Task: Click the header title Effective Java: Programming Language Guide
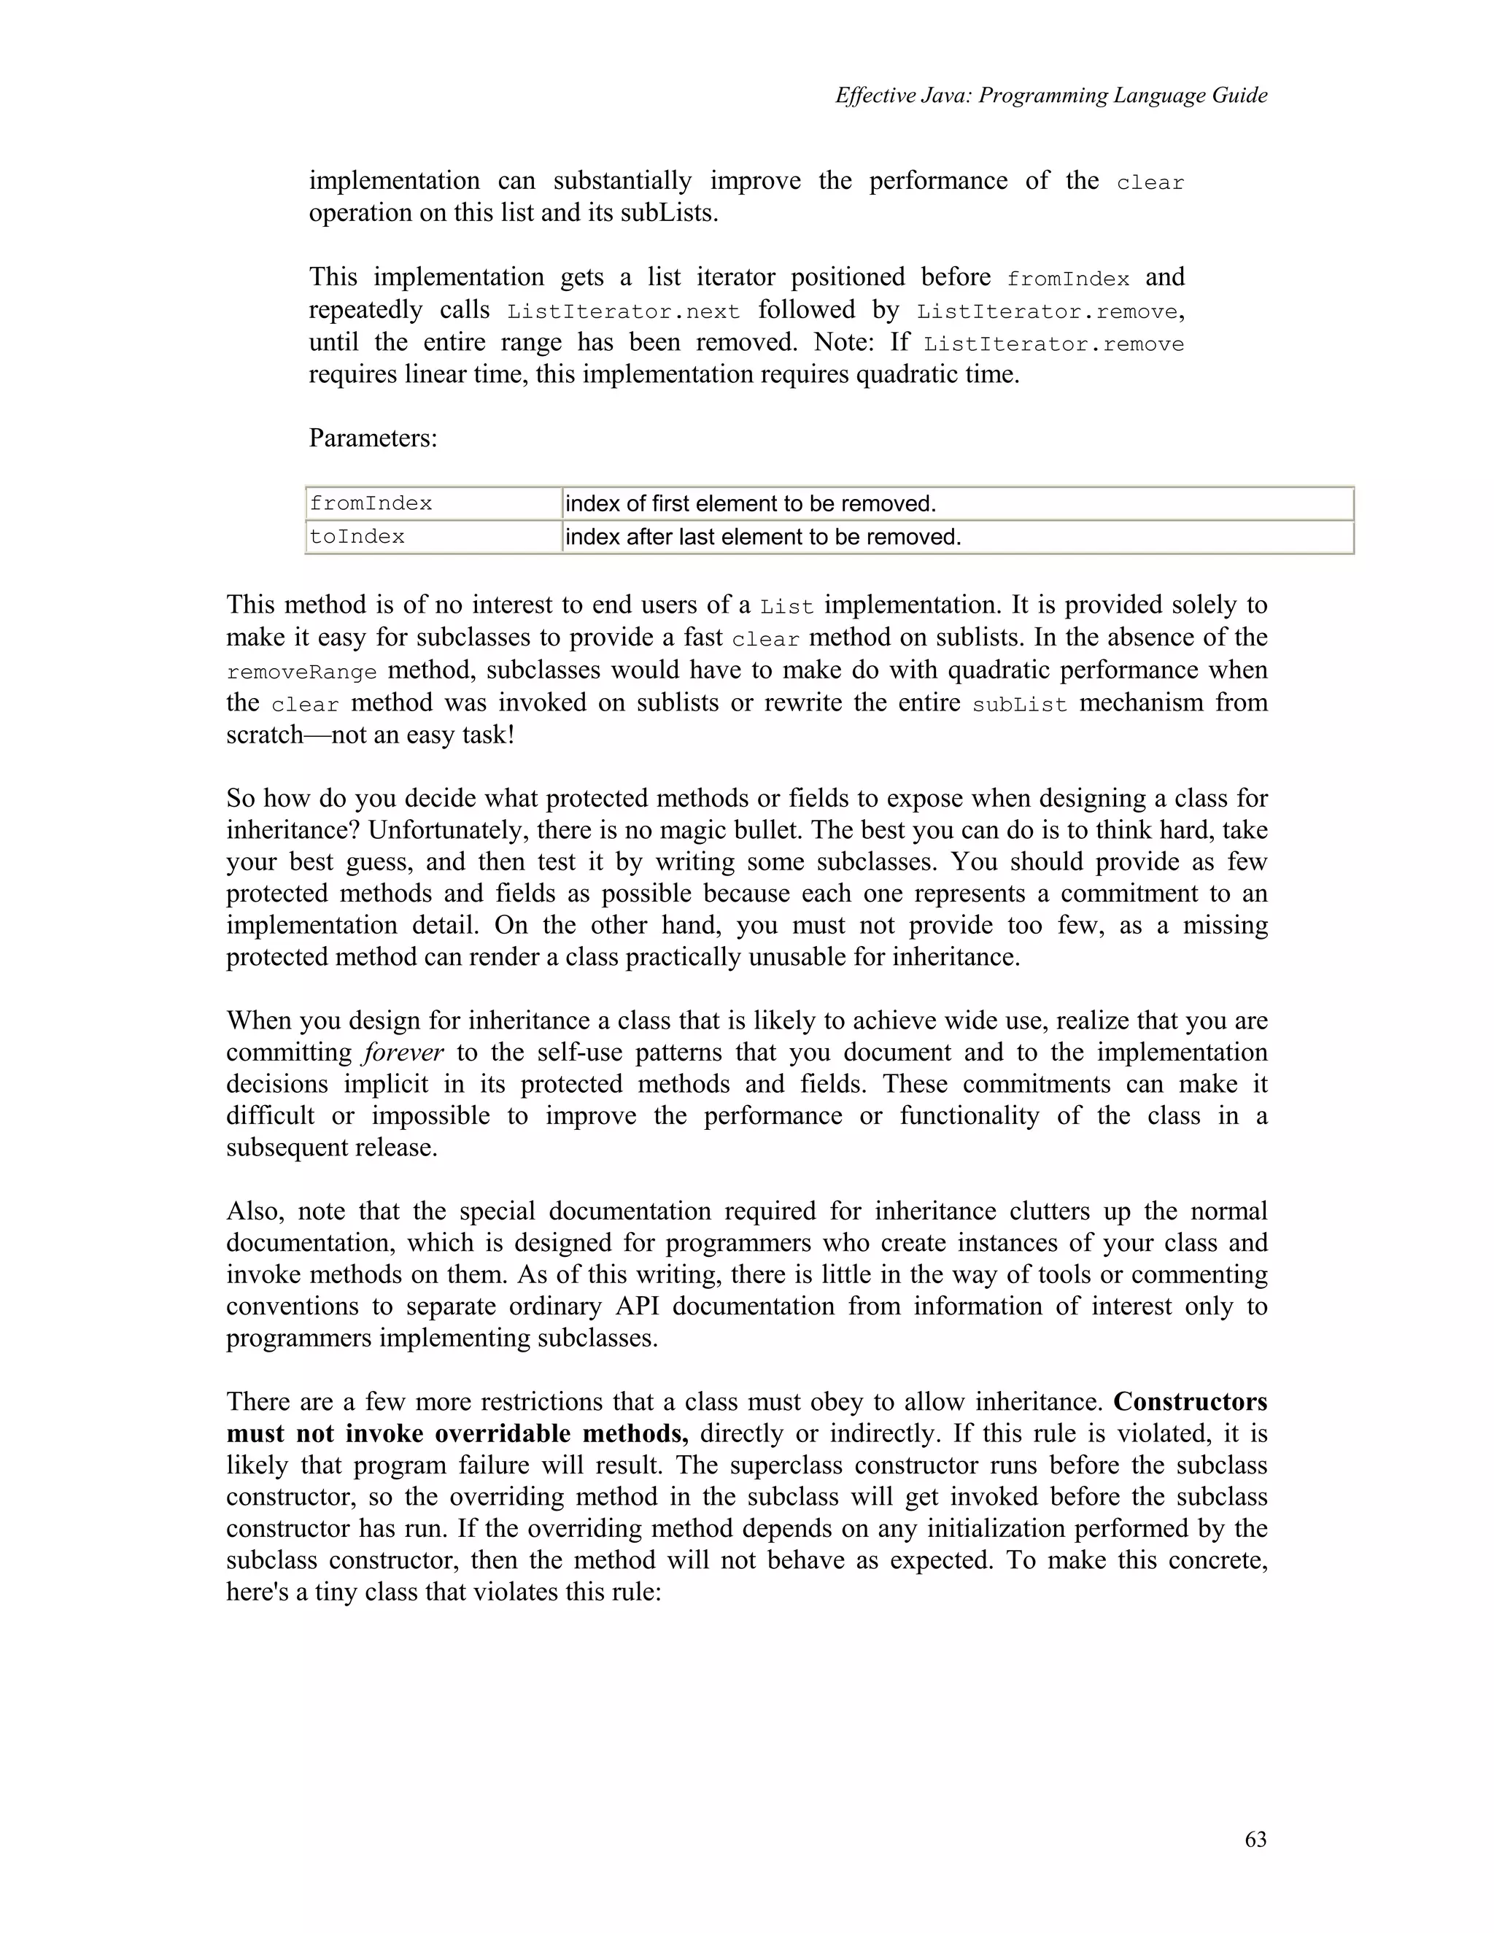(1050, 96)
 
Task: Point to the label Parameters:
(373, 437)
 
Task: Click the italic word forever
(403, 1053)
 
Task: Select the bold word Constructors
(1190, 1402)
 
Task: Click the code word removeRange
(301, 672)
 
